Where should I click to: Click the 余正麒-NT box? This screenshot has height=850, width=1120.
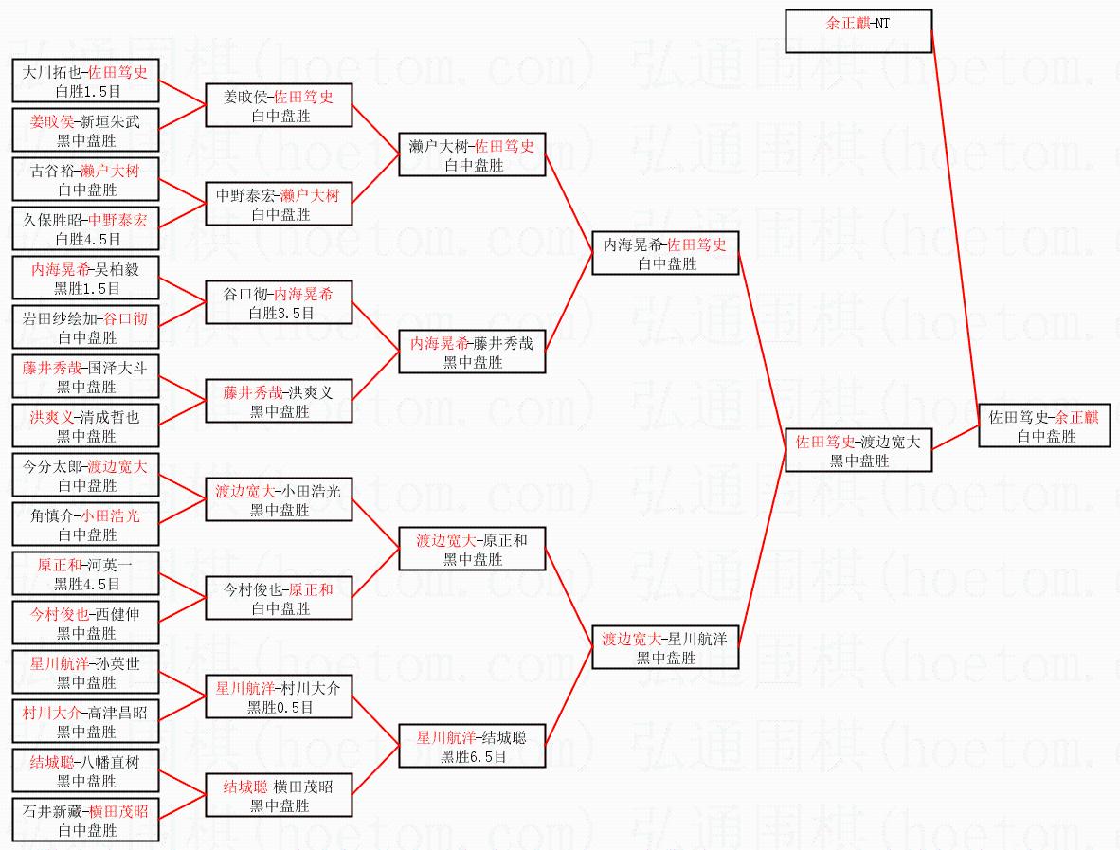[x=858, y=30]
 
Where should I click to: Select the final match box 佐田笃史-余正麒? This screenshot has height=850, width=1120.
[x=1044, y=426]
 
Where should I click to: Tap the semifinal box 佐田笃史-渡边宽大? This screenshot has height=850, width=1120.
[x=858, y=450]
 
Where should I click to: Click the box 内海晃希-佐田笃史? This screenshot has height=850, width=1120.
[x=664, y=253]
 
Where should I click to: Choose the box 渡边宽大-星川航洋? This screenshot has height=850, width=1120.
[x=664, y=647]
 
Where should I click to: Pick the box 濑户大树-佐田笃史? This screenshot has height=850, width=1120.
[x=472, y=154]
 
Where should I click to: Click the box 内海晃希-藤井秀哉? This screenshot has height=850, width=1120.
[x=472, y=352]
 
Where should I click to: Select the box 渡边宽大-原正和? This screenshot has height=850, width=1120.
[x=472, y=549]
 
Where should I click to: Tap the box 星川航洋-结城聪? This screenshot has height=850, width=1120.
[x=472, y=746]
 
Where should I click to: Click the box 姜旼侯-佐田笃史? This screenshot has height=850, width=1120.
[x=280, y=105]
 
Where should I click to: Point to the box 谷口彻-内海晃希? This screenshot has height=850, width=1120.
[x=280, y=302]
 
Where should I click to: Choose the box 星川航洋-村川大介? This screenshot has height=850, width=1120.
[x=280, y=696]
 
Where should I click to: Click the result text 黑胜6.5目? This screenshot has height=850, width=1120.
[x=472, y=757]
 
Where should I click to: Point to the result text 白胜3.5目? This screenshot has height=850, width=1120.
[x=280, y=314]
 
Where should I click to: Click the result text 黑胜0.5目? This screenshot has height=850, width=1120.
[x=280, y=708]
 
